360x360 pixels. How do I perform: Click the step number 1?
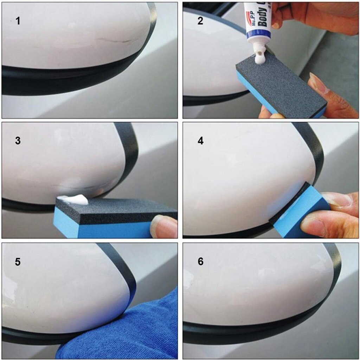[x=18, y=21]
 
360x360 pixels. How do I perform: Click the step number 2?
[x=200, y=21]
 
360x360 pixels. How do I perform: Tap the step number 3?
[x=18, y=141]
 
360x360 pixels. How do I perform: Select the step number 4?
[x=200, y=141]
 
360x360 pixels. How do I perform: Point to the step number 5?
[x=18, y=262]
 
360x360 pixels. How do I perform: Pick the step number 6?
[x=200, y=262]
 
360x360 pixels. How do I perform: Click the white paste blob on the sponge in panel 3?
[x=74, y=200]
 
